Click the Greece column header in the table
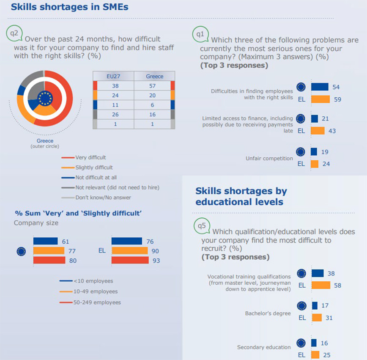pos(154,77)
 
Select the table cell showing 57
pos(153,86)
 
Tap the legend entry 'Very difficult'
pos(90,158)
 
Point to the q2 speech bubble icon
pos(14,33)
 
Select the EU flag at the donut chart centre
pos(44,98)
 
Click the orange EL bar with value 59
pos(320,99)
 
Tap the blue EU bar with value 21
pos(314,119)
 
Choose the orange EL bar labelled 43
pos(318,131)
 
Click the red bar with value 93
pos(130,261)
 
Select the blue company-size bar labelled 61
pos(45,241)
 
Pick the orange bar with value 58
pos(320,286)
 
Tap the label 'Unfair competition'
pos(269,159)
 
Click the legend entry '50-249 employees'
pos(97,302)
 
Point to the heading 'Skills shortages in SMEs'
pos(69,7)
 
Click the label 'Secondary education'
pos(264,347)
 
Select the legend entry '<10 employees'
pos(93,281)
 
